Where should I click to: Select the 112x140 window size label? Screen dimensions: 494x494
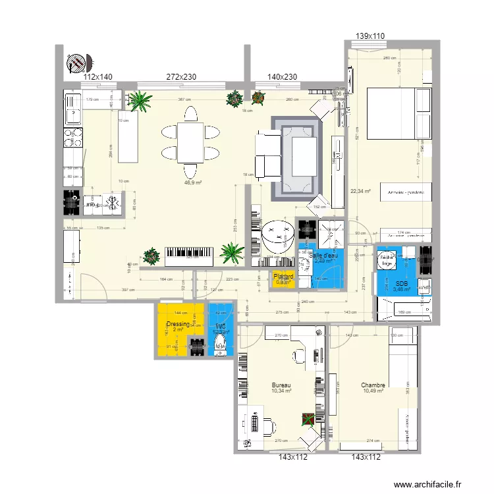coord(97,77)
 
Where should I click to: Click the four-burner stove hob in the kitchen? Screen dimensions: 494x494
coord(72,137)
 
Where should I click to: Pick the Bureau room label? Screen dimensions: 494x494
coord(281,385)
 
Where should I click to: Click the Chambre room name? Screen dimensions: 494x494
coord(373,385)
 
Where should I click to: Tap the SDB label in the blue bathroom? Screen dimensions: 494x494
coord(402,283)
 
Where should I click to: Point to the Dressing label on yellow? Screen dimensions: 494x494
coord(178,325)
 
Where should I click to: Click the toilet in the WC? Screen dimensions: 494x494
coord(221,341)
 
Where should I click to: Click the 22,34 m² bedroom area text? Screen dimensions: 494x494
coord(360,192)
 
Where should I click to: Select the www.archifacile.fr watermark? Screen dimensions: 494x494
coord(430,484)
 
